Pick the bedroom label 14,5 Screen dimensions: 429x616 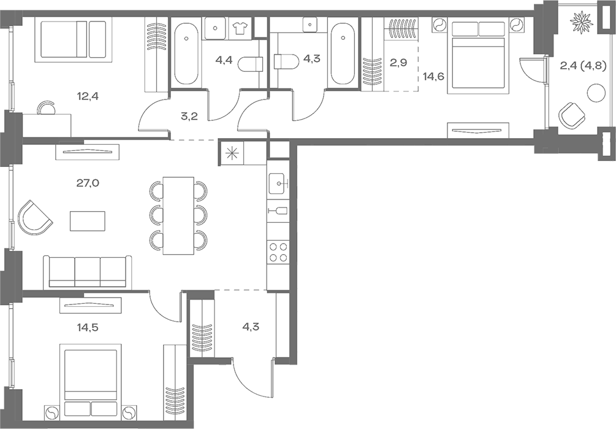point(88,327)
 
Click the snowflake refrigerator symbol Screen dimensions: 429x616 point(232,153)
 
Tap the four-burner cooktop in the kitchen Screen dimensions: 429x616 point(278,252)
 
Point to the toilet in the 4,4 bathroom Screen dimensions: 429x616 point(251,63)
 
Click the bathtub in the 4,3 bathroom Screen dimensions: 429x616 point(341,53)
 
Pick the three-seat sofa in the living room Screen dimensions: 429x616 point(86,271)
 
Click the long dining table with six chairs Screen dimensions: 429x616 point(178,215)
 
